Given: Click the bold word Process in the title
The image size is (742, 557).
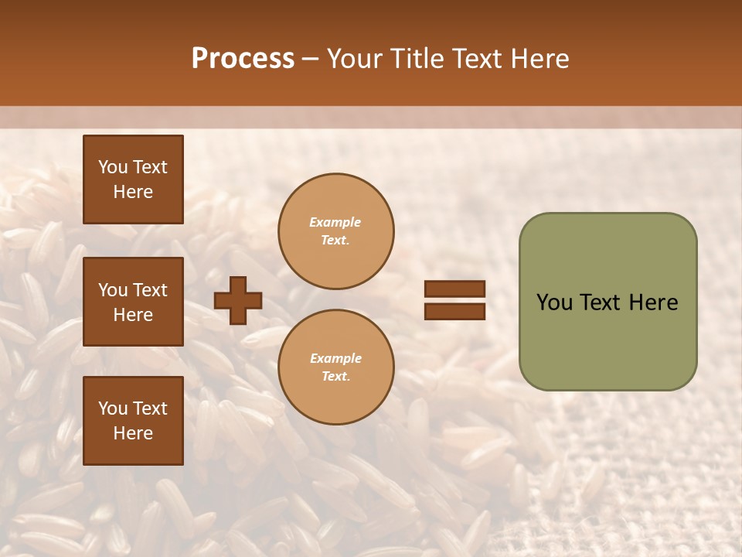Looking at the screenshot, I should [x=243, y=58].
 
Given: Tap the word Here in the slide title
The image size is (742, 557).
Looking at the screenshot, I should [x=539, y=59].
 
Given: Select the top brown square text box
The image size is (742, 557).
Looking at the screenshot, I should [x=133, y=179].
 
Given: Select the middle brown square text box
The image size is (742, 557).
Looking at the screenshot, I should [x=133, y=302].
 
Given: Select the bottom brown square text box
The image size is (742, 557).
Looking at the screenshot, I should [x=133, y=421].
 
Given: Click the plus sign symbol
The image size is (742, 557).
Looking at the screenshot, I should [x=238, y=300].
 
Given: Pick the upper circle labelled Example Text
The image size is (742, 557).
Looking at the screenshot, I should [x=336, y=231].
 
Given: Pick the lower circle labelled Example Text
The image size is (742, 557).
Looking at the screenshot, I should [x=336, y=367].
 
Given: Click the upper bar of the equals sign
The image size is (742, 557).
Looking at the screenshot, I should [x=455, y=289].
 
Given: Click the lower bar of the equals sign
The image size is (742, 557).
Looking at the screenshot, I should [x=455, y=311].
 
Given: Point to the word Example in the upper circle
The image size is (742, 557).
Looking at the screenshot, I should [x=335, y=222].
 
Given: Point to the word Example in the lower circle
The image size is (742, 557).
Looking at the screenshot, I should [x=335, y=358].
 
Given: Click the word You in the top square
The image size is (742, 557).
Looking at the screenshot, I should [x=113, y=167].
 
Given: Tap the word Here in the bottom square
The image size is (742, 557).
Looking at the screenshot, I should [x=133, y=433].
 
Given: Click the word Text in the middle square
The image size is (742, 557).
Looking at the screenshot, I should [x=150, y=290].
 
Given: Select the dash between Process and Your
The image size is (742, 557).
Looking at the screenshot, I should [x=310, y=59].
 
